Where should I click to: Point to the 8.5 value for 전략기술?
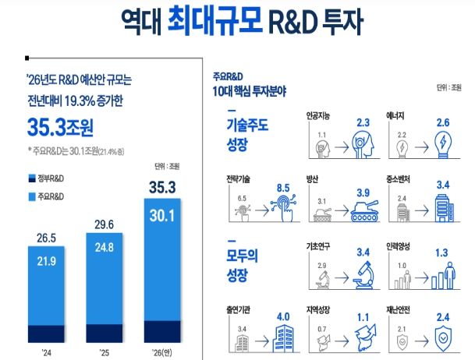(287, 187)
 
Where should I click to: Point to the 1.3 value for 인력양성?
(441, 252)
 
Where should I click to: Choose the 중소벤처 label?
(402, 178)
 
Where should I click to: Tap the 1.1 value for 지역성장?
(363, 316)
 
